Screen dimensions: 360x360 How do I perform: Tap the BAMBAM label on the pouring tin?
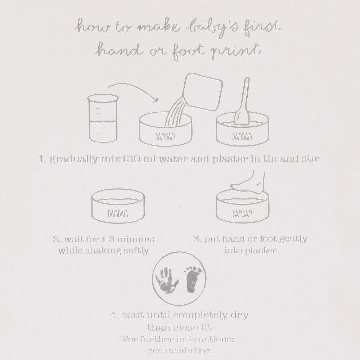[165, 137]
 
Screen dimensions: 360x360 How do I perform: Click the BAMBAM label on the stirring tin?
[242, 137]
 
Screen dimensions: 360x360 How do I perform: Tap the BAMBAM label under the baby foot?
[242, 213]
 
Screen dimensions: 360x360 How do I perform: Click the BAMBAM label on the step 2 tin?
[118, 214]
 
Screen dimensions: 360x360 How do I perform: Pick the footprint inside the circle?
[192, 279]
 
